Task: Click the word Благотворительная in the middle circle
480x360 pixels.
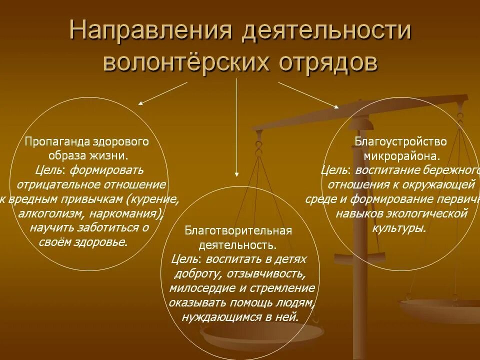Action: [238, 231]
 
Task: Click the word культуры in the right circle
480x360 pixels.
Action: [399, 228]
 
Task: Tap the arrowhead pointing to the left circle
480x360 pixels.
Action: [140, 103]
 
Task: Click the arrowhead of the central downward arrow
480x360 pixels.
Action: [236, 175]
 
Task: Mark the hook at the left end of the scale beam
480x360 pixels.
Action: [258, 146]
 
